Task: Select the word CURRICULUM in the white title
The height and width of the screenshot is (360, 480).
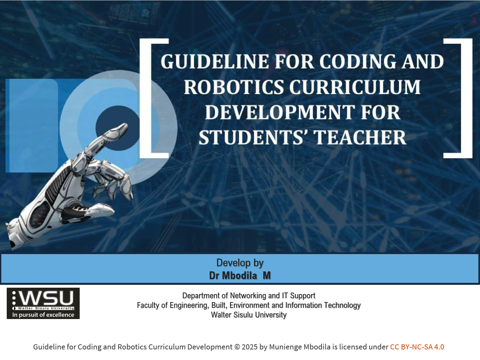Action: tap(355, 87)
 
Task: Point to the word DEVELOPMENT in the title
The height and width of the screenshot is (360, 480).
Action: tap(280, 112)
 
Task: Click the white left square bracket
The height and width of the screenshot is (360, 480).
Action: tap(145, 98)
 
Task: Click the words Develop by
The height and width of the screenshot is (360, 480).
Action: tap(240, 263)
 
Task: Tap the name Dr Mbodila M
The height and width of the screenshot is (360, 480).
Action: tap(240, 276)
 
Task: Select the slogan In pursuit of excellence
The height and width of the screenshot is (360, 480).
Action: tap(43, 315)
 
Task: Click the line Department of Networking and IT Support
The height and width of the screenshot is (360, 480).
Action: tap(249, 295)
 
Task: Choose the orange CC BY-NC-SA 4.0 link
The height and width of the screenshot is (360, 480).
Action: tap(417, 347)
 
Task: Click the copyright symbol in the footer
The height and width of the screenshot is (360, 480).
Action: tap(237, 347)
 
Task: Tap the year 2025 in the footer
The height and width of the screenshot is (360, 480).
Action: tap(250, 347)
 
